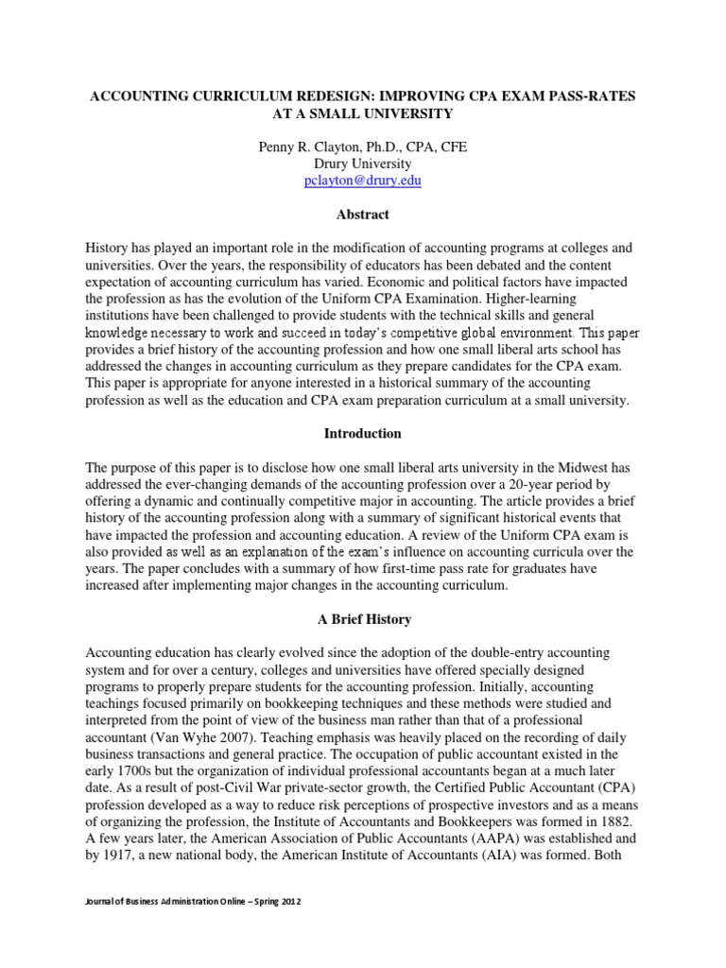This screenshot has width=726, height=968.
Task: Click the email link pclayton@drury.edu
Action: coord(363,181)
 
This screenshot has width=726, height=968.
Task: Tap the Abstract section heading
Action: coord(363,215)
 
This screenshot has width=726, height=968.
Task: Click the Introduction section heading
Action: coord(363,434)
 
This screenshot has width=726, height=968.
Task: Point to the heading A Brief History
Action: coord(363,619)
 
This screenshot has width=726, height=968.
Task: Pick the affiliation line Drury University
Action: coord(363,164)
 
